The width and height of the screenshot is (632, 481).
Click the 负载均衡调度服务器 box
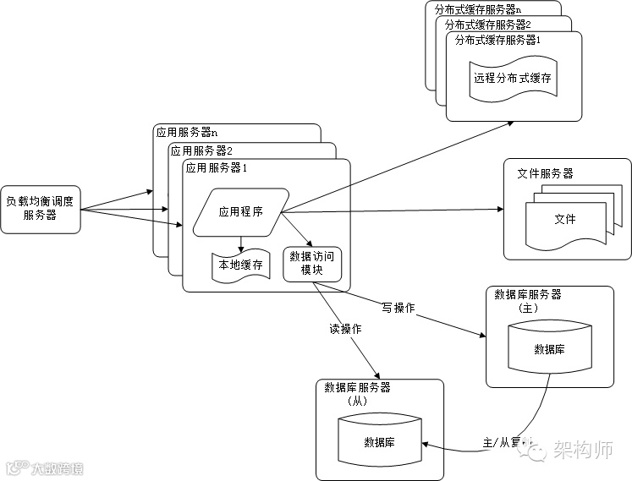[41, 208]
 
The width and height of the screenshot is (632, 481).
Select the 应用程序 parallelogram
[241, 212]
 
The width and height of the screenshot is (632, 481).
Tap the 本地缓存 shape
[241, 265]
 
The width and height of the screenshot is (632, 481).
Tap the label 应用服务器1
[216, 167]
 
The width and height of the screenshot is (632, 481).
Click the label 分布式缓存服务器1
[497, 40]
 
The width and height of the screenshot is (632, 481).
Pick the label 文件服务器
[545, 173]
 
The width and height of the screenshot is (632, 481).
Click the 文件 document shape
[564, 219]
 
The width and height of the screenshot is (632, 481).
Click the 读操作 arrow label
[345, 329]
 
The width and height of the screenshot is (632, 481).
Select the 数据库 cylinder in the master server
[549, 348]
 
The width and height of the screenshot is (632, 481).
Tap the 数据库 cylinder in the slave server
[380, 441]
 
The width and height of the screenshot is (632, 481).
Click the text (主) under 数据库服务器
[526, 309]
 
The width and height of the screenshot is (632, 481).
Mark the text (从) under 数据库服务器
[356, 402]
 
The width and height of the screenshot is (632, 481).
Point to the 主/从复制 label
[506, 442]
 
